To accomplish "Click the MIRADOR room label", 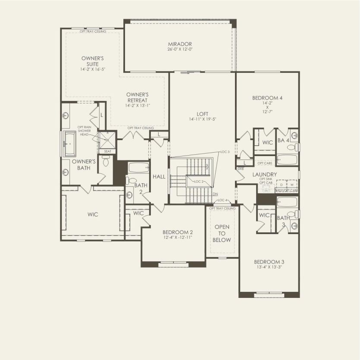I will click(180, 44).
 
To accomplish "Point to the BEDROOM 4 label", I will click(267, 98).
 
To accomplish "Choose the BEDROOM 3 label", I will click(269, 262).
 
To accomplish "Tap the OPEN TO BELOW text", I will click(222, 233).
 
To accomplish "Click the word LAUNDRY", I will click(265, 174).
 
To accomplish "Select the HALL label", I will click(159, 177).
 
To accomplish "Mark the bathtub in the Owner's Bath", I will click(70, 144).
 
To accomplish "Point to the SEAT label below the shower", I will click(107, 151).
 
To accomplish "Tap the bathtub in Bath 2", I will click(138, 169).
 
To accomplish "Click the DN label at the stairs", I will click(215, 194).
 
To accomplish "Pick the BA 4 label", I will click(283, 141).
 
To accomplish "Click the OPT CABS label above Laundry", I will click(264, 163).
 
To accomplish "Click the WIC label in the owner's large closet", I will click(92, 214).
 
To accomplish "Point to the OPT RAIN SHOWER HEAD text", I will click(85, 131).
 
